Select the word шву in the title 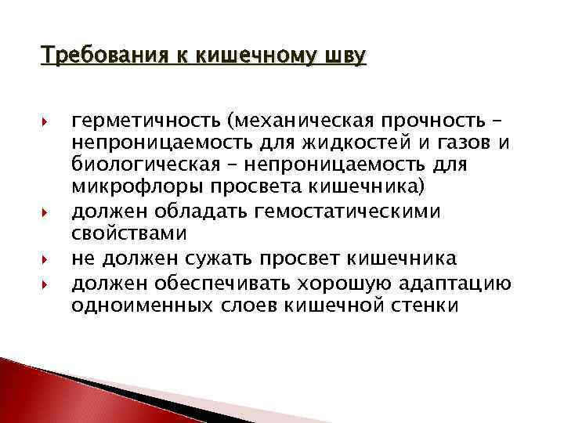point(346,56)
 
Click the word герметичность point(146,122)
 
